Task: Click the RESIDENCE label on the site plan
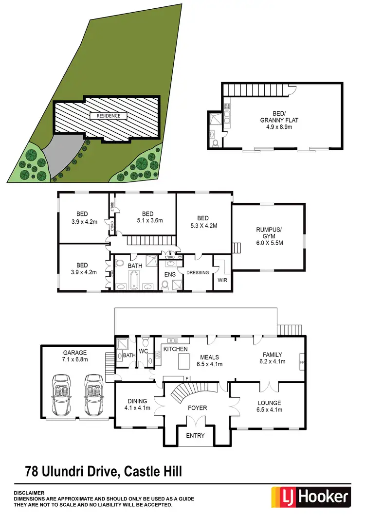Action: (x=105, y=116)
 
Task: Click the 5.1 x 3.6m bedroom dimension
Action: (x=148, y=221)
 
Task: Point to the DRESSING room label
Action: (x=198, y=272)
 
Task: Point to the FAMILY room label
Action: (x=273, y=355)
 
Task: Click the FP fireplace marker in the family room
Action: (x=302, y=362)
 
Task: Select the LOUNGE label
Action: (x=269, y=403)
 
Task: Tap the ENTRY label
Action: (x=195, y=435)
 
